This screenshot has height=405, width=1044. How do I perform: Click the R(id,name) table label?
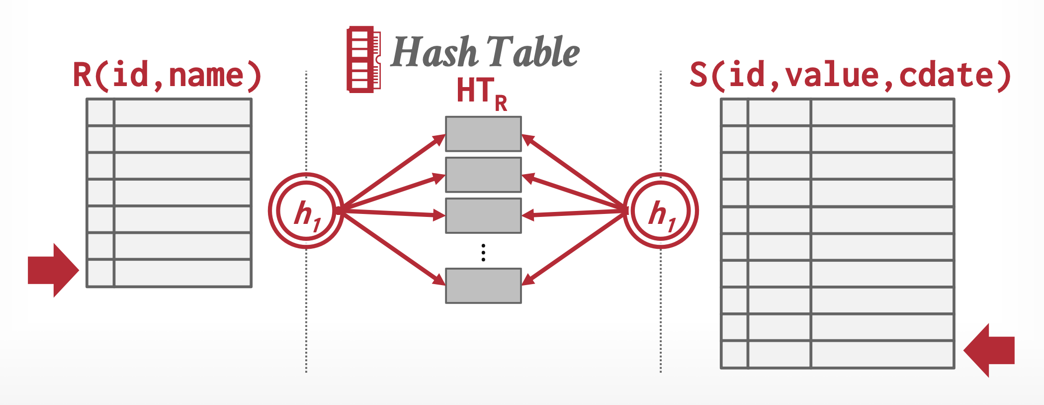pyautogui.click(x=167, y=76)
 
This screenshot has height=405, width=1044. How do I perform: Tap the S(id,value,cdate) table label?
pyautogui.click(x=850, y=76)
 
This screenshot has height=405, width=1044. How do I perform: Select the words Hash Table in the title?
pyautogui.click(x=485, y=52)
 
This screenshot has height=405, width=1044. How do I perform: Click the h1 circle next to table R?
pyautogui.click(x=306, y=211)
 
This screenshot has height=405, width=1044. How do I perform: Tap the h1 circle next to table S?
pyautogui.click(x=661, y=211)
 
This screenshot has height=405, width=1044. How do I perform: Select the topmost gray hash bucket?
pyautogui.click(x=483, y=134)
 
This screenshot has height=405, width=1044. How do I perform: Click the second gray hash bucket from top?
pyautogui.click(x=483, y=175)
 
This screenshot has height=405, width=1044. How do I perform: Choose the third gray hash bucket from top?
pyautogui.click(x=483, y=215)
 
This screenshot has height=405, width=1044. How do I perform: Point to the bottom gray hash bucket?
pyautogui.click(x=483, y=286)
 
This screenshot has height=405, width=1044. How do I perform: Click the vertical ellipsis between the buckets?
pyautogui.click(x=483, y=252)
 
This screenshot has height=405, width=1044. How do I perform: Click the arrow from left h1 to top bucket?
pyautogui.click(x=393, y=172)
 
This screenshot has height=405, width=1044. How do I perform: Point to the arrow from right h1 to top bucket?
pyautogui.click(x=574, y=172)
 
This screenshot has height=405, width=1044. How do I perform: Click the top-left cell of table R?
pyautogui.click(x=100, y=112)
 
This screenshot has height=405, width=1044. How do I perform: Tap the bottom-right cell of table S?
pyautogui.click(x=882, y=354)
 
